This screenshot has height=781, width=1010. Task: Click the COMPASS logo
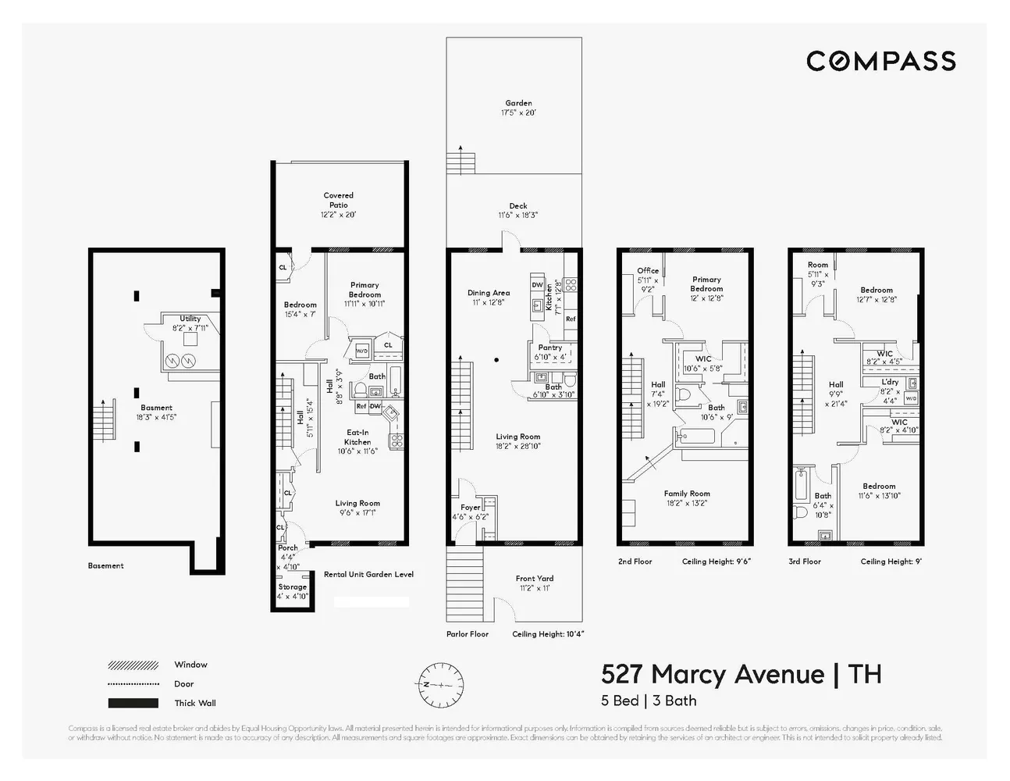880,61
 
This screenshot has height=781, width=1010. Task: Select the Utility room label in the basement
190,319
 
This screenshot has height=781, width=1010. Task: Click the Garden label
518,103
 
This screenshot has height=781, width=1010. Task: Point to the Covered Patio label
338,200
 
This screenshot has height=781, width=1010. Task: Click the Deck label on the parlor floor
517,206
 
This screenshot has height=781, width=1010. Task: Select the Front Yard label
534,579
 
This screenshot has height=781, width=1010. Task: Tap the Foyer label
470,508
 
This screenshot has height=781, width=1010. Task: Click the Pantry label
549,348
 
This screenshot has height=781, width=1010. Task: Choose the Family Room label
687,494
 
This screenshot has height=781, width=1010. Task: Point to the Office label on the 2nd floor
648,271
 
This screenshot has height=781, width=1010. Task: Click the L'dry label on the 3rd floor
890,382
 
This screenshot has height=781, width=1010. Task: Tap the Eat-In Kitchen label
357,437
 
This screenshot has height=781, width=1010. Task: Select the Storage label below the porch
292,587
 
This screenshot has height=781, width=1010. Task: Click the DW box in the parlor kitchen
537,285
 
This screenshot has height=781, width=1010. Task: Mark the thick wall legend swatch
133,703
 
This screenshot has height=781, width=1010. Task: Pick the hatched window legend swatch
133,665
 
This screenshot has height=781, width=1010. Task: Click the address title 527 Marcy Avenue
712,674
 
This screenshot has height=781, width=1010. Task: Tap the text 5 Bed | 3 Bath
649,701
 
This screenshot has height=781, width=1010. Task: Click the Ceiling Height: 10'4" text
548,634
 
